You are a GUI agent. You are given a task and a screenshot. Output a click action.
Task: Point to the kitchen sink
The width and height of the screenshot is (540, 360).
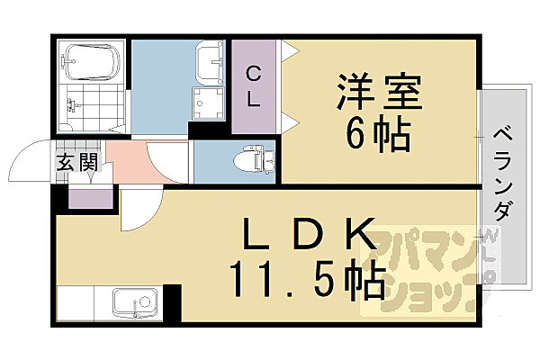pos(133,304)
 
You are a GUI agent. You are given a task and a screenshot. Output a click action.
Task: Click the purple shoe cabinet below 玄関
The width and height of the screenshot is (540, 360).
pos(90,196)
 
